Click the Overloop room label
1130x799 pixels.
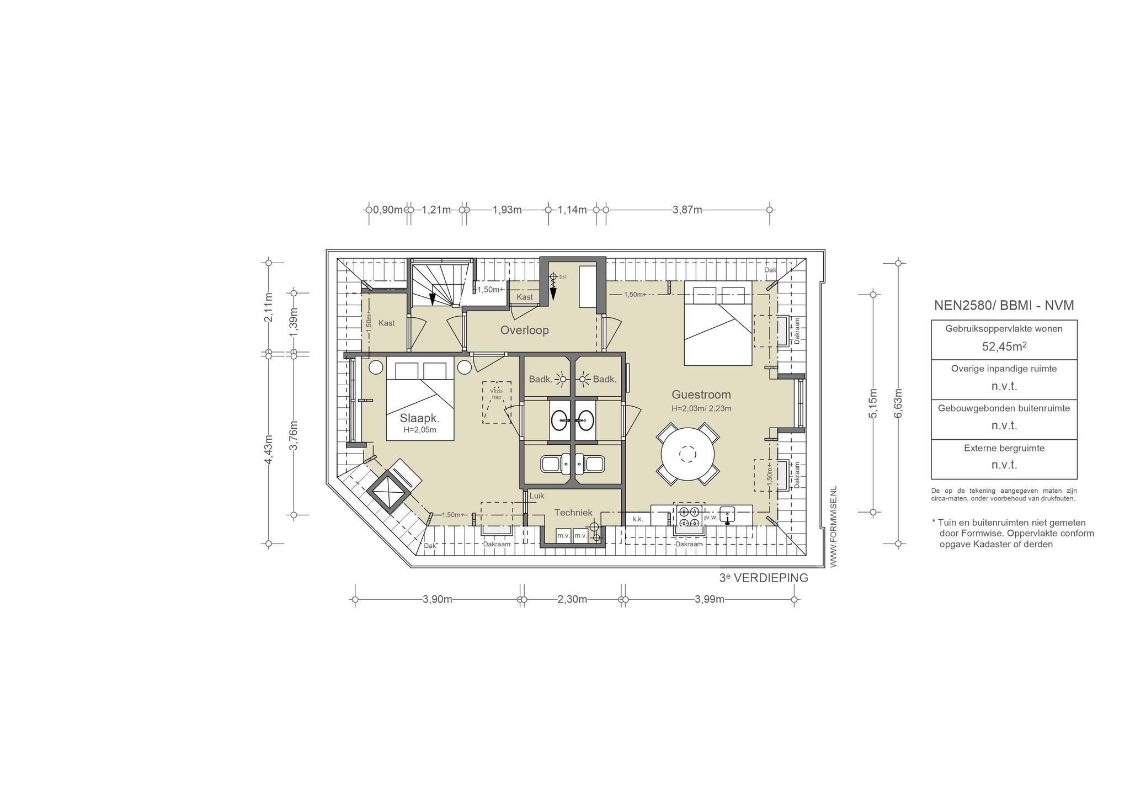point(524,330)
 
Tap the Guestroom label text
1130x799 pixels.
point(701,395)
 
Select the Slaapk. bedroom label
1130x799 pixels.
point(419,418)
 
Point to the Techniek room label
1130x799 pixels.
point(573,513)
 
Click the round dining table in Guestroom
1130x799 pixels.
point(687,454)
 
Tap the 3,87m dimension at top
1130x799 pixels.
point(687,210)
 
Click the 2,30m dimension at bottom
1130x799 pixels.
point(572,599)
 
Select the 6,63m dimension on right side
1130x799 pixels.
point(898,403)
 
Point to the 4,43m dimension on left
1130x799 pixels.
point(269,450)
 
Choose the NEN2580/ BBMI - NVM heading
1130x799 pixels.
point(1004,306)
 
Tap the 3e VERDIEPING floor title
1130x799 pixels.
point(764,578)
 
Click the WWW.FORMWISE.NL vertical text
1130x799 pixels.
point(833,526)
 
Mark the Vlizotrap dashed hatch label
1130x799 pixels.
point(497,394)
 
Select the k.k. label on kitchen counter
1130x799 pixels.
point(638,519)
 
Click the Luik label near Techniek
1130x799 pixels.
point(537,496)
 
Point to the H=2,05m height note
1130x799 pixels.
point(420,430)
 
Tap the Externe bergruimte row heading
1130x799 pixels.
point(1004,448)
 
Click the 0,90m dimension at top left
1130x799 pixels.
point(388,210)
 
